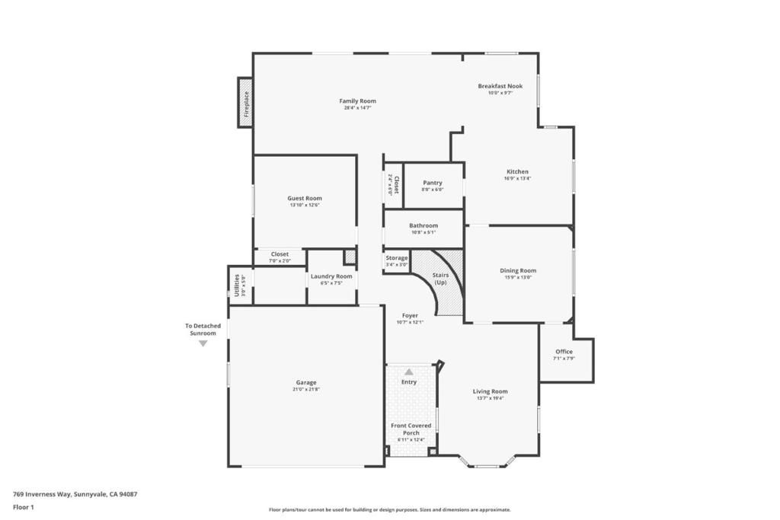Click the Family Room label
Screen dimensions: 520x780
[357, 101]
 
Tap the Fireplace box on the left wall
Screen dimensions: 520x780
[246, 103]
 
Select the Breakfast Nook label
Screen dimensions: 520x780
[500, 86]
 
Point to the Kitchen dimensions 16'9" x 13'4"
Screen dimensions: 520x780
[517, 179]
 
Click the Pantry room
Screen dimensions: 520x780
[433, 186]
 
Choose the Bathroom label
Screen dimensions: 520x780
[423, 225]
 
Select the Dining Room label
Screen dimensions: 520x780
[518, 270]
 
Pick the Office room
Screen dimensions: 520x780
[564, 354]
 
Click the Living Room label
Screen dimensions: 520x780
[490, 391]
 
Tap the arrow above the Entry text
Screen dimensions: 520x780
[409, 372]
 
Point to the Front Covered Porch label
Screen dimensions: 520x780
[411, 429]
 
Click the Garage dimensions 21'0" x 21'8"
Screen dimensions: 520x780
[306, 389]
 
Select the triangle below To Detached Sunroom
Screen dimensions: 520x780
[203, 343]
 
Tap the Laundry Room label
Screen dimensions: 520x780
[331, 276]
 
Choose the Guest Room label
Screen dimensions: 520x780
[305, 198]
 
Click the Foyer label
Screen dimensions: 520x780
[410, 315]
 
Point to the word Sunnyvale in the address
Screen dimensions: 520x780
[91, 493]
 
